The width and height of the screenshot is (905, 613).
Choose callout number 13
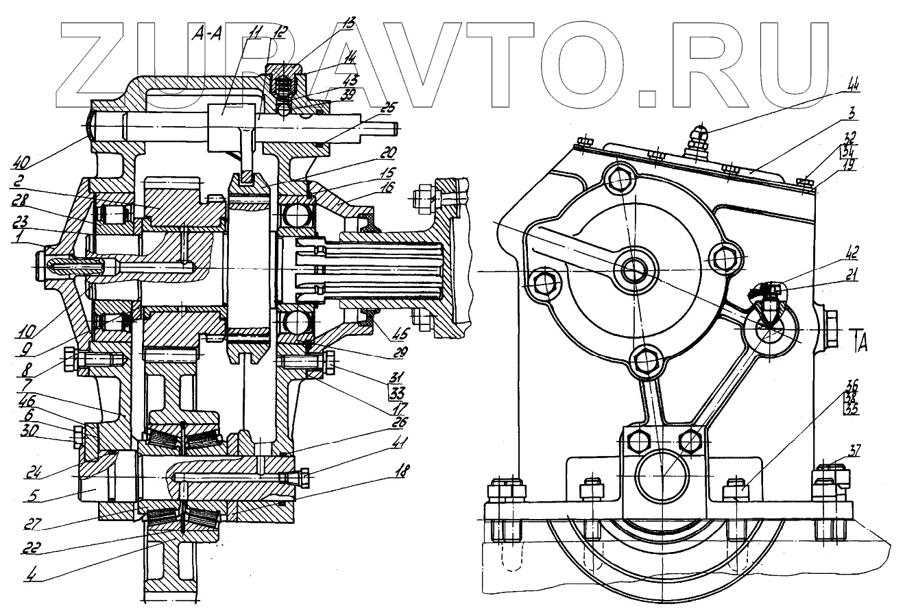pos(349,24)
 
